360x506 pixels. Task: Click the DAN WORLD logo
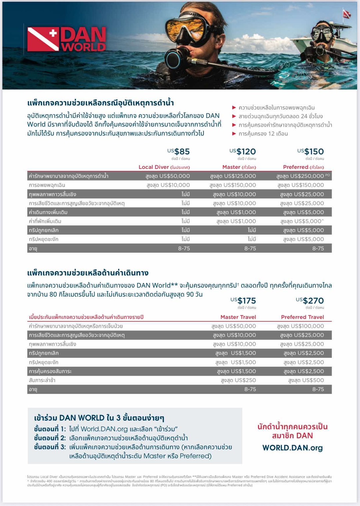point(67,39)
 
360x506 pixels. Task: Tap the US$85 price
point(179,152)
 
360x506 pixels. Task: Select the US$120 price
point(243,152)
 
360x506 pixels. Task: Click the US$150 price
point(311,152)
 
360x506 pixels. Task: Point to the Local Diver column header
point(164,167)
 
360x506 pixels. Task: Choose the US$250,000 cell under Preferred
point(300,176)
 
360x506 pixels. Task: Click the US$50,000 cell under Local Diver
point(168,176)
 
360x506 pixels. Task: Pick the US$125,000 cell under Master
point(233,176)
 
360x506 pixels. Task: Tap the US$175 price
point(244,301)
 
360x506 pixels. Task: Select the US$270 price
point(310,301)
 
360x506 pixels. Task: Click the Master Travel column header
point(238,317)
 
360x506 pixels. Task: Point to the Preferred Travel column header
point(302,317)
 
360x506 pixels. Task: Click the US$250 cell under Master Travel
point(239,380)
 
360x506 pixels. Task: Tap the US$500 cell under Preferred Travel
point(306,380)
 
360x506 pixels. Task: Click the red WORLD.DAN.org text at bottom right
point(292,448)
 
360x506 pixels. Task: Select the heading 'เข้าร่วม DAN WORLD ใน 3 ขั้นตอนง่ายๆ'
point(99,418)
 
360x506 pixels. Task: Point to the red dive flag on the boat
point(347,14)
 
